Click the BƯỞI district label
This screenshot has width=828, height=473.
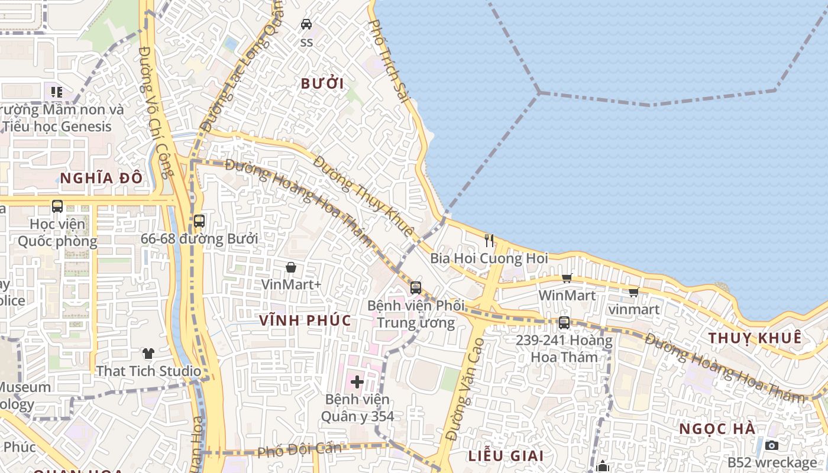322,83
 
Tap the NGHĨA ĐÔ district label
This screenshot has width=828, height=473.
101,177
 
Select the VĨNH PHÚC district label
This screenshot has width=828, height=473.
305,320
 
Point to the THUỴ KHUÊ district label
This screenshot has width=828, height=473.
755,338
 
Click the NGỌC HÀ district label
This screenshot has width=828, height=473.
717,429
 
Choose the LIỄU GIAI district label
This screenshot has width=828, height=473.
506,456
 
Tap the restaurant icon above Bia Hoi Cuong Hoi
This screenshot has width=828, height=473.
489,240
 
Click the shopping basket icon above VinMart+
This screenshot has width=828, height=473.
290,267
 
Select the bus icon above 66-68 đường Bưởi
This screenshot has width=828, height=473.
199,221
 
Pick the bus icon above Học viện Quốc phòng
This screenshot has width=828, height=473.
57,206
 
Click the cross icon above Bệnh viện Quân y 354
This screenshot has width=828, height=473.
357,381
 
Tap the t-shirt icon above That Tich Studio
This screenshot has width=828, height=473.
148,354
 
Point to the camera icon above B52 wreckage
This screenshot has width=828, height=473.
771,445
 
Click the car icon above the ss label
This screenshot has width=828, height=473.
306,24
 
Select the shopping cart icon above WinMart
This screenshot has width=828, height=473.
567,278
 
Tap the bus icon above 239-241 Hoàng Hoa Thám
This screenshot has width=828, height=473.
564,323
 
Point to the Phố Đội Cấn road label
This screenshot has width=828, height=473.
299,450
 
